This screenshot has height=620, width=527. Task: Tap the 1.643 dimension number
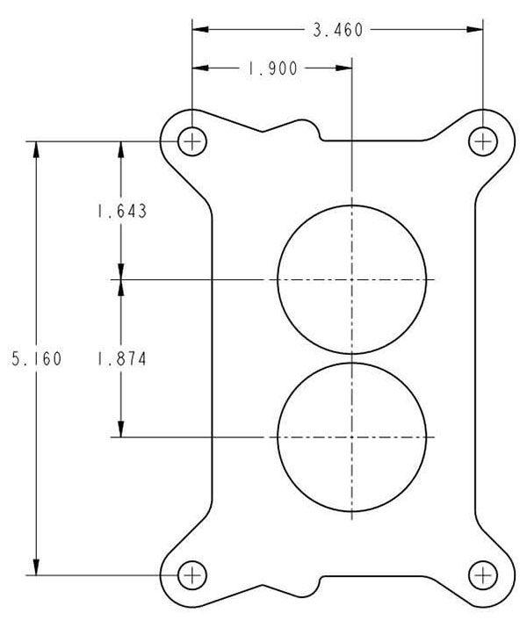point(120,211)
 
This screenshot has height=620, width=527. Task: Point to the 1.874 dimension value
point(120,359)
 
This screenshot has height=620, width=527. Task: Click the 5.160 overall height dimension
point(36,359)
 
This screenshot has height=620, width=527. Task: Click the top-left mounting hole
point(192,141)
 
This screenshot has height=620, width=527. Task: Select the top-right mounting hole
point(482,141)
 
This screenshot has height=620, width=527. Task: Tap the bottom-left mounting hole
point(192,575)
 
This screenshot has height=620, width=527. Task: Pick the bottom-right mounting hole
point(482,575)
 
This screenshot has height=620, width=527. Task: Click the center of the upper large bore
point(351,279)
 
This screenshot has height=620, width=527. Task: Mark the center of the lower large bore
point(351,436)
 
